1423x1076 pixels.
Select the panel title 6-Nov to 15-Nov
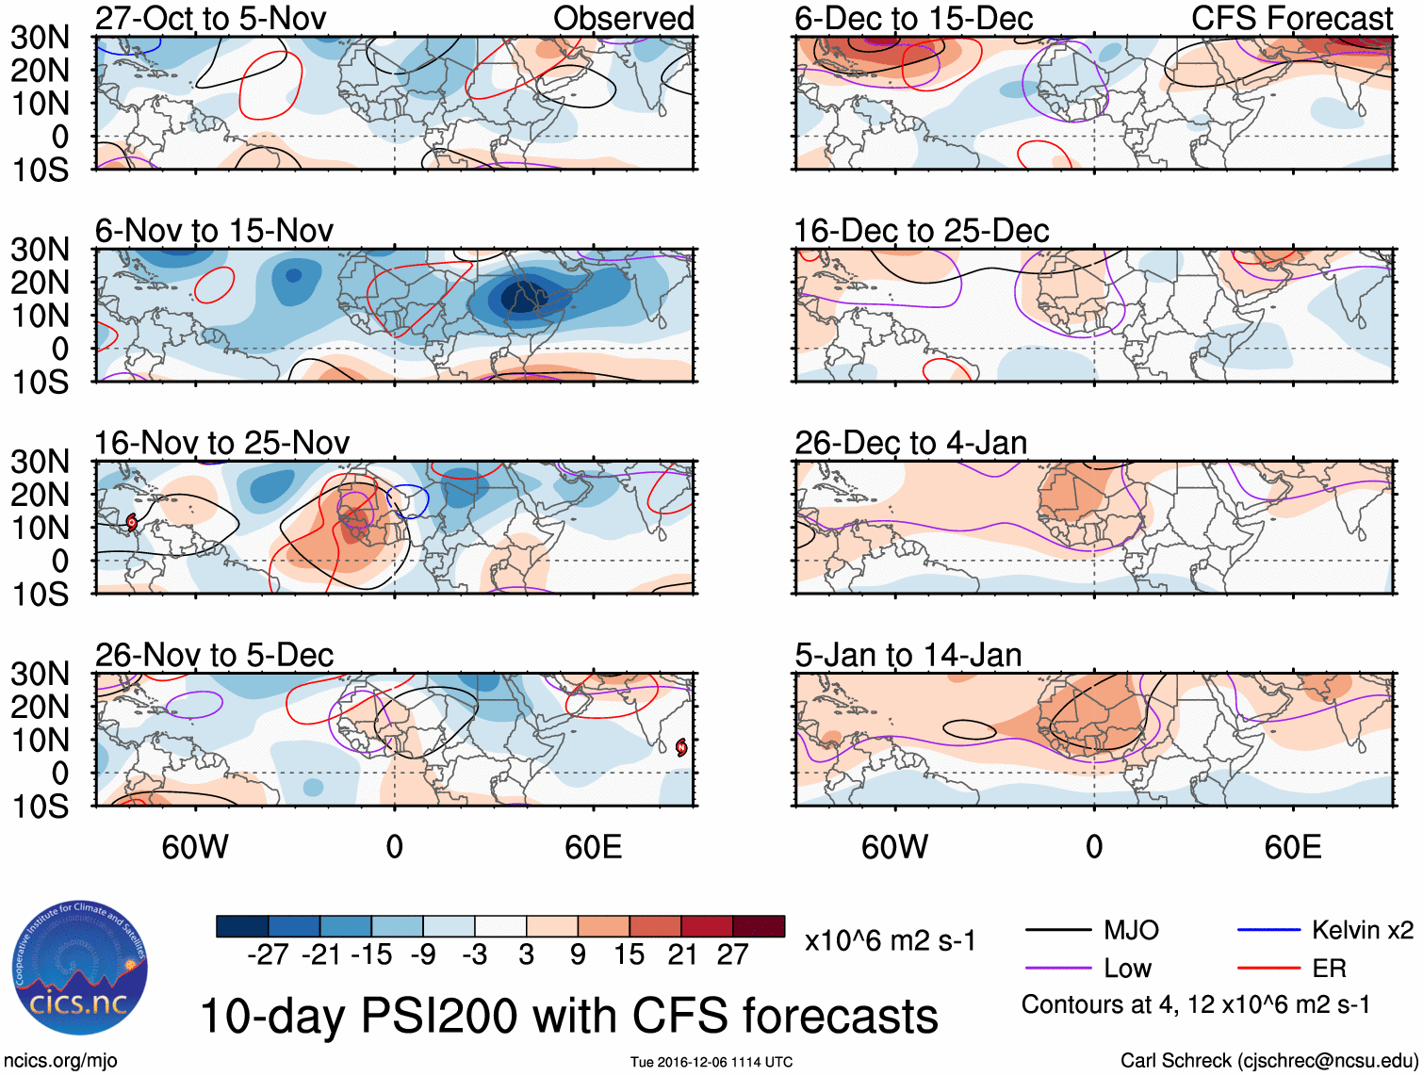pyautogui.click(x=214, y=231)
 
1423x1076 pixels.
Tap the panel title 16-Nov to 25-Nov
pyautogui.click(x=221, y=443)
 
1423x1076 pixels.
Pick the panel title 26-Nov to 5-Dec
pyautogui.click(x=214, y=655)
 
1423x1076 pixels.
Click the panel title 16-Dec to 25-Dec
pyautogui.click(x=921, y=231)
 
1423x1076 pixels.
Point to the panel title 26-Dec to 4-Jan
pyautogui.click(x=910, y=443)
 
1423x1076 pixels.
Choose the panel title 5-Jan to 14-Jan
pyautogui.click(x=908, y=655)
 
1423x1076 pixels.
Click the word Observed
pyautogui.click(x=623, y=18)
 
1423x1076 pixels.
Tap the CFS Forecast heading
pyautogui.click(x=1291, y=18)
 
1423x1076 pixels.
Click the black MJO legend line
pyautogui.click(x=1058, y=930)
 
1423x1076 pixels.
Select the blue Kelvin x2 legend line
pyautogui.click(x=1268, y=930)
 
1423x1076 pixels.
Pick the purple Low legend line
pyautogui.click(x=1058, y=968)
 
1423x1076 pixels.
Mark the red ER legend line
pyautogui.click(x=1268, y=968)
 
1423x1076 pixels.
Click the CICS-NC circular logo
pyautogui.click(x=80, y=969)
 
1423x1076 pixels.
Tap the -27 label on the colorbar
pyautogui.click(x=268, y=954)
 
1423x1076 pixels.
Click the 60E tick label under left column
pyautogui.click(x=593, y=847)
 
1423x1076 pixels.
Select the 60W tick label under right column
pyautogui.click(x=894, y=847)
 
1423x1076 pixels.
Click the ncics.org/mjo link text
pyautogui.click(x=60, y=1060)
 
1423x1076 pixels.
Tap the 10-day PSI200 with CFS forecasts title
pyautogui.click(x=569, y=1016)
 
